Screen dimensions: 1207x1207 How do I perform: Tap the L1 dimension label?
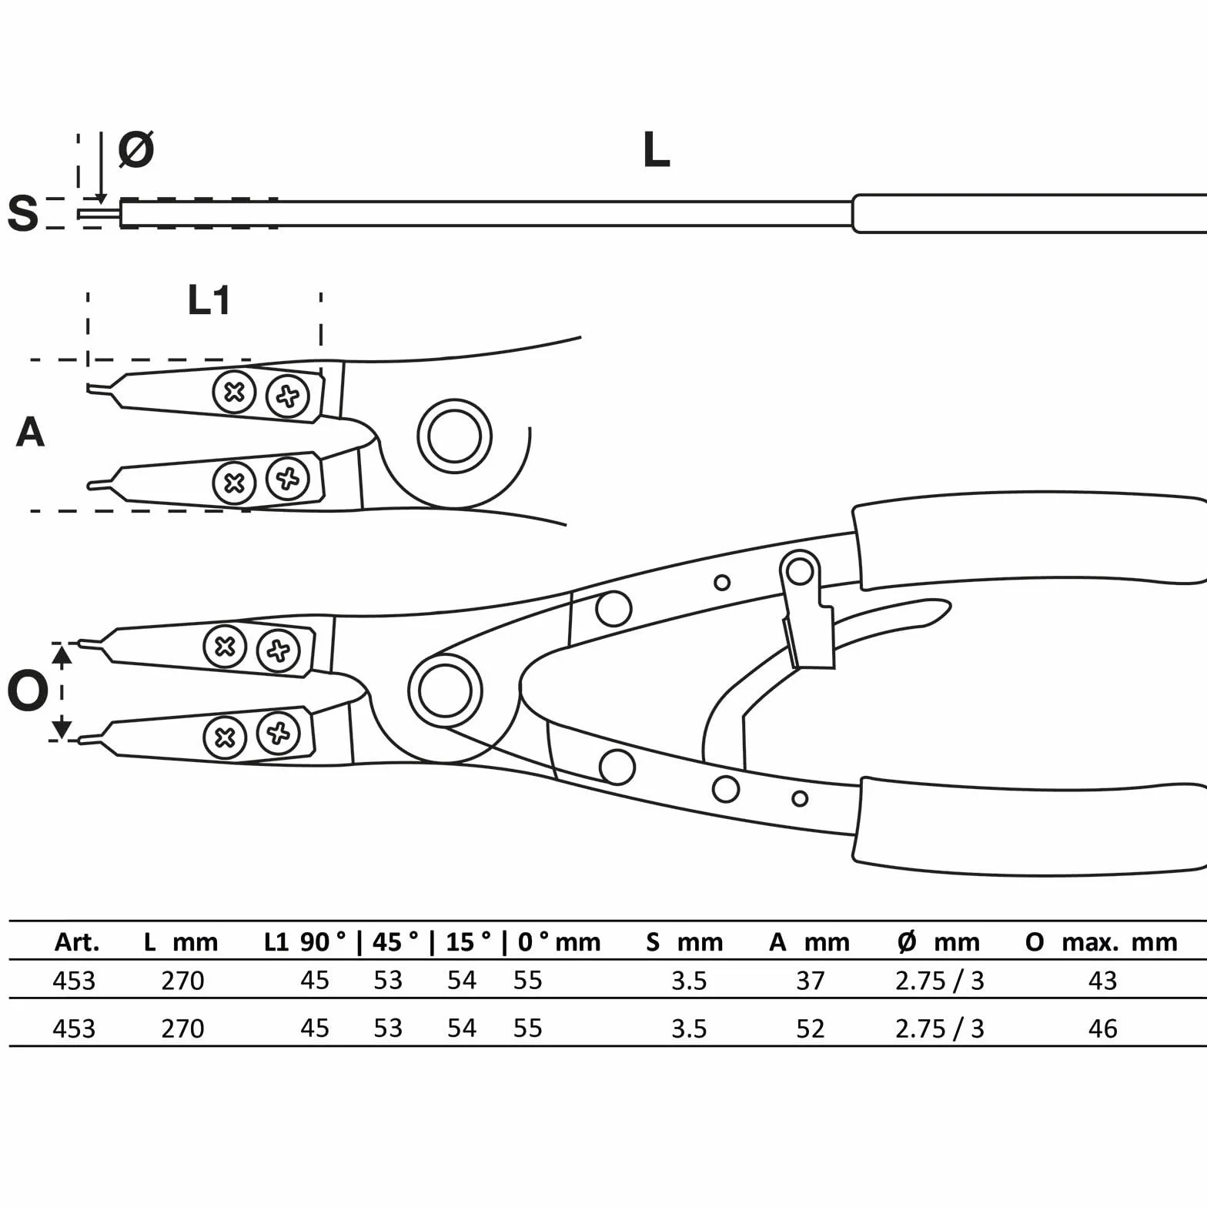click(209, 300)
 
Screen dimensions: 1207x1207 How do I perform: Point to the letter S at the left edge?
click(23, 213)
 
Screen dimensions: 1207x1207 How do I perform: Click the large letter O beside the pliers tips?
click(28, 690)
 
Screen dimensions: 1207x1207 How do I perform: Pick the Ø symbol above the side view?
click(136, 149)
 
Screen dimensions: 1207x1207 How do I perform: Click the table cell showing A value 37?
click(810, 981)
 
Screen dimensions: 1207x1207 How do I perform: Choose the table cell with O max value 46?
click(1102, 1028)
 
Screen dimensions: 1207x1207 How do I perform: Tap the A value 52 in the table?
click(810, 1028)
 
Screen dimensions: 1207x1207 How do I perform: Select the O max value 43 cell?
click(1102, 981)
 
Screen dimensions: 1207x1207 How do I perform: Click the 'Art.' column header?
click(77, 942)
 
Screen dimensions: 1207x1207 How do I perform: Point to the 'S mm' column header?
click(684, 942)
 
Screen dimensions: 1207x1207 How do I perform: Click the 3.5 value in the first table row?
click(689, 981)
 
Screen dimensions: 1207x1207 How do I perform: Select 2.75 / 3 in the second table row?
click(940, 1028)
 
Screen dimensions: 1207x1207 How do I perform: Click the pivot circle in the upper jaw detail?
click(454, 436)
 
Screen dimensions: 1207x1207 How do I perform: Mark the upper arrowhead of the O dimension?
click(62, 655)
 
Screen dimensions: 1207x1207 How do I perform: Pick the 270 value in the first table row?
click(182, 981)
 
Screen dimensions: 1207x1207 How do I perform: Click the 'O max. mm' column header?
click(1102, 942)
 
